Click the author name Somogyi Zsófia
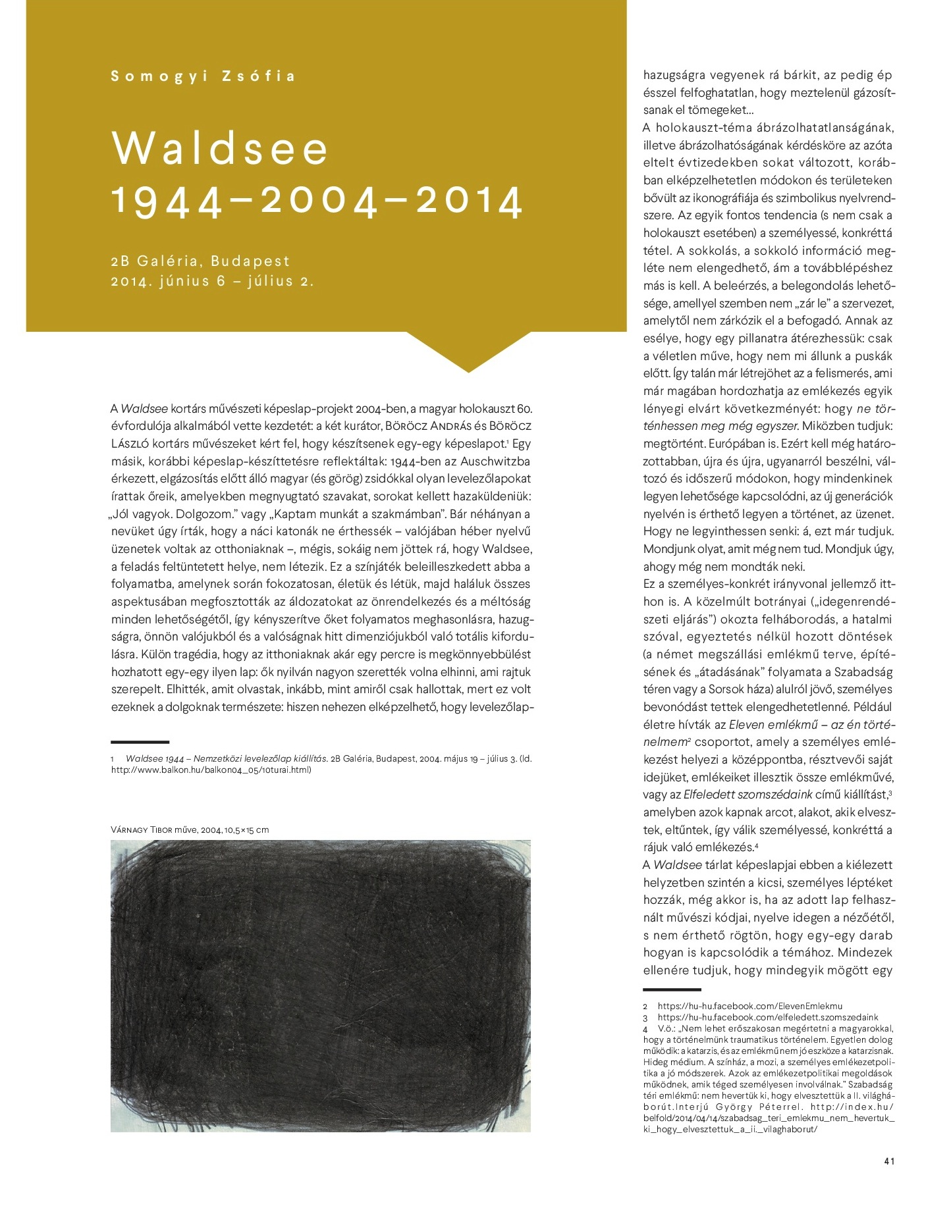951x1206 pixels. click(203, 76)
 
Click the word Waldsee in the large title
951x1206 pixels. click(220, 149)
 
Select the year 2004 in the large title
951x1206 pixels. click(320, 201)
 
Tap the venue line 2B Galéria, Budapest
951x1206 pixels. click(200, 261)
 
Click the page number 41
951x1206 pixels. click(889, 1161)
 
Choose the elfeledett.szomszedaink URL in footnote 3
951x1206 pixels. click(767, 1017)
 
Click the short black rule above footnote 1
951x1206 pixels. click(140, 742)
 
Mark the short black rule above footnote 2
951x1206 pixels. click(672, 989)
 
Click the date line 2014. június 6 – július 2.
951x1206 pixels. click(212, 282)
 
